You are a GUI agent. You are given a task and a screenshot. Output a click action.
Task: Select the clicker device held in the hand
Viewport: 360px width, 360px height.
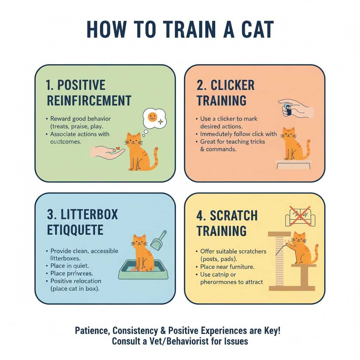coord(288,109)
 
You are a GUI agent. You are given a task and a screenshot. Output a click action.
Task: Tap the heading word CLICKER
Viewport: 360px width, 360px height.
coord(233,85)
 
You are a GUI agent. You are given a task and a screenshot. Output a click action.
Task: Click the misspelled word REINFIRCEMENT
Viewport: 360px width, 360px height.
coord(89,101)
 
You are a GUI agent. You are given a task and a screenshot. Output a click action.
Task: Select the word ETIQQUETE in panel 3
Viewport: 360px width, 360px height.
coord(75,230)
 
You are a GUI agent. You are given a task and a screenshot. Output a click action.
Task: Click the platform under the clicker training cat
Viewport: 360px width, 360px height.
coord(293,163)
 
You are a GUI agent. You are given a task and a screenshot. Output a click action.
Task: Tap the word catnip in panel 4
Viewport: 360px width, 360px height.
coord(222,274)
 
